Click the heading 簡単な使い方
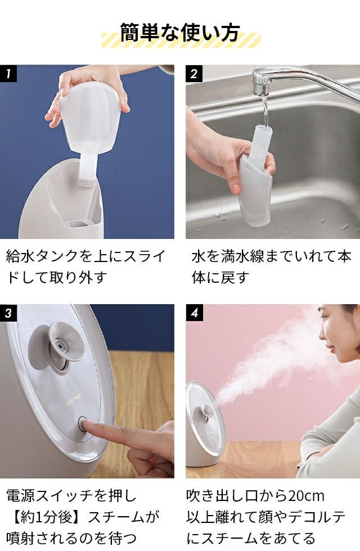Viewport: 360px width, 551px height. click(180, 33)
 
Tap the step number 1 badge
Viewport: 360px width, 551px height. click(8, 74)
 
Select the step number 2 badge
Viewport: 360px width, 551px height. click(194, 74)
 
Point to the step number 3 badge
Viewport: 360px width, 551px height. click(8, 313)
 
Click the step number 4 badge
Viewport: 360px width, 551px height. click(194, 313)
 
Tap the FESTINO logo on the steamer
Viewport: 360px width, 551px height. click(74, 400)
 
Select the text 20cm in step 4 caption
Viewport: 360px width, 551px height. click(306, 496)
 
